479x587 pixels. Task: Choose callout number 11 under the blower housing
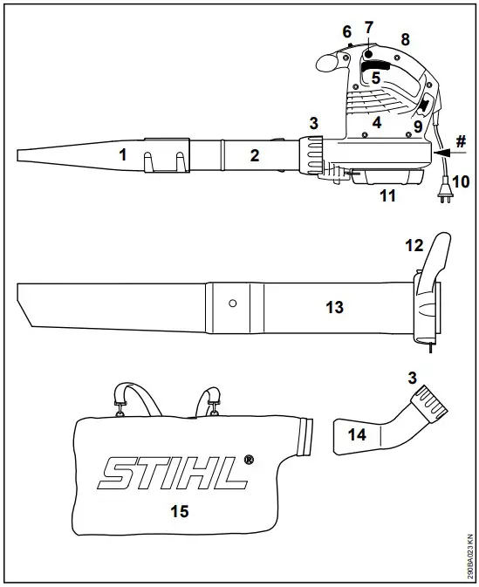[x=387, y=196]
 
